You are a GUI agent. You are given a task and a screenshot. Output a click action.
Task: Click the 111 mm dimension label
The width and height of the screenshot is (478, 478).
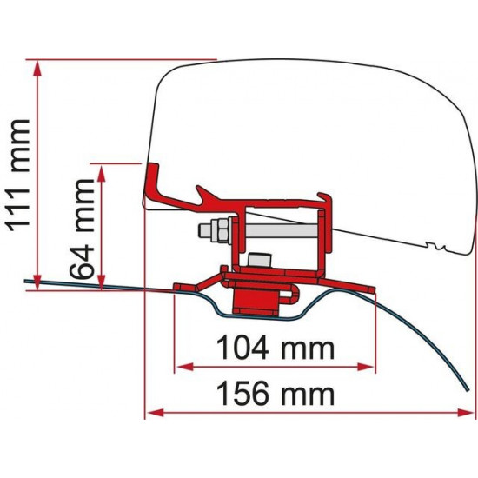coord(19,174)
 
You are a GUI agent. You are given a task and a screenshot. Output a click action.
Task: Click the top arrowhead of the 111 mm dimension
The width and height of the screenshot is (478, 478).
coord(37,66)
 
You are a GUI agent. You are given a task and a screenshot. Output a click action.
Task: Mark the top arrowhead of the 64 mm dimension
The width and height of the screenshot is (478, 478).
coord(103,169)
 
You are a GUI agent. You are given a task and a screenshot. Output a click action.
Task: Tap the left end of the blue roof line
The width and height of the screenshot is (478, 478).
coord(26,281)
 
